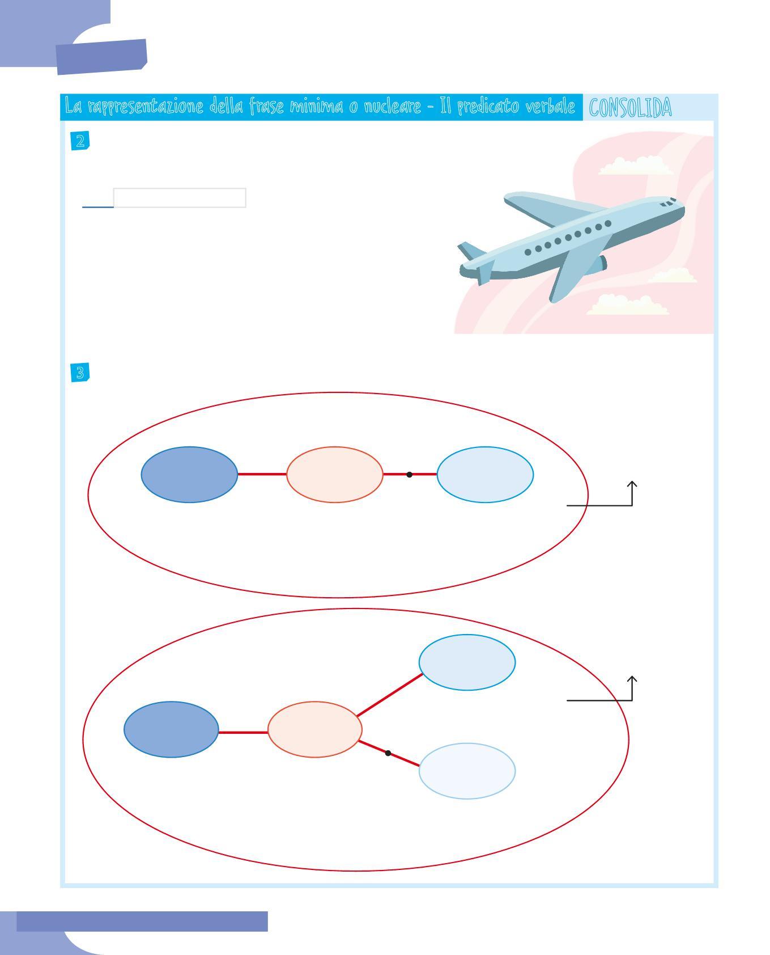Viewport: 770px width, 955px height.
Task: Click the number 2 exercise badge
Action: pyautogui.click(x=80, y=141)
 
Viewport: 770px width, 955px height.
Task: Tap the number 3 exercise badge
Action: pyautogui.click(x=80, y=373)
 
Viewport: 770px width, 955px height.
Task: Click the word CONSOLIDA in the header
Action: pyautogui.click(x=630, y=108)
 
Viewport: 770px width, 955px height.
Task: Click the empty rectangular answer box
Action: pyautogui.click(x=180, y=198)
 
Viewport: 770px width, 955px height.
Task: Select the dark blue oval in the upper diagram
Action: pyautogui.click(x=189, y=474)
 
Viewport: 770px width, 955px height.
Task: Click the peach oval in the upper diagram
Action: pyautogui.click(x=334, y=474)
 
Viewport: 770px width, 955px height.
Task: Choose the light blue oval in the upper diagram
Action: pyautogui.click(x=485, y=474)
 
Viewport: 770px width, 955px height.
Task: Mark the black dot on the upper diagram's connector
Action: pyautogui.click(x=409, y=474)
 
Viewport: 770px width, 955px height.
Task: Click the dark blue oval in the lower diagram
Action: pyautogui.click(x=171, y=729)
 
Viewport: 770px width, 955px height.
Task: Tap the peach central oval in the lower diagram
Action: pyautogui.click(x=314, y=729)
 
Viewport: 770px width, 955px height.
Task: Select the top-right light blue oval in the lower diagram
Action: pyautogui.click(x=467, y=662)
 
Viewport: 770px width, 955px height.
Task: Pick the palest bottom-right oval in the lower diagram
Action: pyautogui.click(x=467, y=771)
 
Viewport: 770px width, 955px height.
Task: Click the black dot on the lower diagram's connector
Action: pyautogui.click(x=388, y=753)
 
